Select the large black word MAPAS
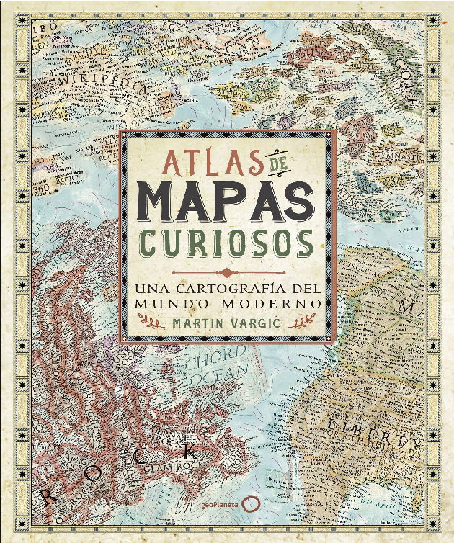[x=227, y=202]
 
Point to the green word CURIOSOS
[x=227, y=243]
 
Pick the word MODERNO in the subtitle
[x=280, y=303]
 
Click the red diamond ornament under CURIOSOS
[x=227, y=272]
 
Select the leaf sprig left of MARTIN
[x=153, y=323]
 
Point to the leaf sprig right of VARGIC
[x=301, y=323]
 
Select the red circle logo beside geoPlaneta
[x=250, y=506]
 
